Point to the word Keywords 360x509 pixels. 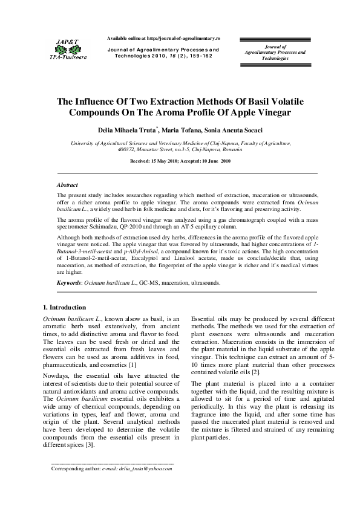tap(69, 282)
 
